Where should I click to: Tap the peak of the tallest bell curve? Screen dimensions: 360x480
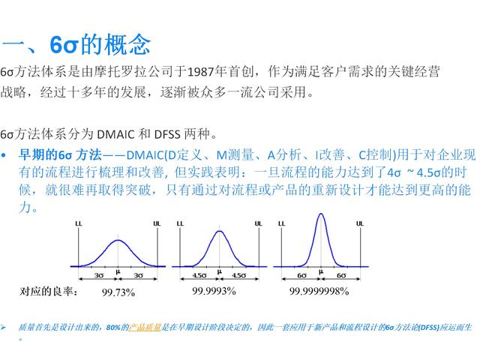pos(321,215)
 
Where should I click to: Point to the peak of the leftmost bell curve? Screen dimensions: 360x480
pos(118,240)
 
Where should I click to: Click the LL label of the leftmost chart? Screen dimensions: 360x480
pos(79,223)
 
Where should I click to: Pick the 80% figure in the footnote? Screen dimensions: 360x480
pos(114,328)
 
